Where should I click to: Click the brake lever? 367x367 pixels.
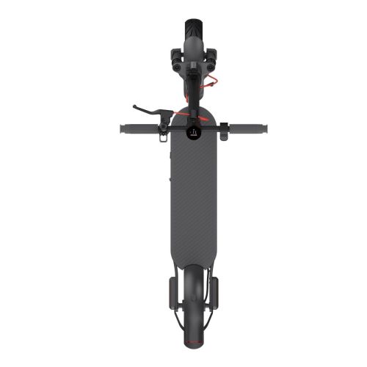tap(150, 111)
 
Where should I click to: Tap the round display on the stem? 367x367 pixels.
tap(193, 131)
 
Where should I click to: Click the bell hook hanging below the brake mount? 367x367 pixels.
tap(162, 133)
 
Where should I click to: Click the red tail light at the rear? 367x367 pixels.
tap(193, 341)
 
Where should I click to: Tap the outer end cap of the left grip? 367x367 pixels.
tap(121, 128)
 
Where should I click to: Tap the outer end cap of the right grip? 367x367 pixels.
tap(266, 128)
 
